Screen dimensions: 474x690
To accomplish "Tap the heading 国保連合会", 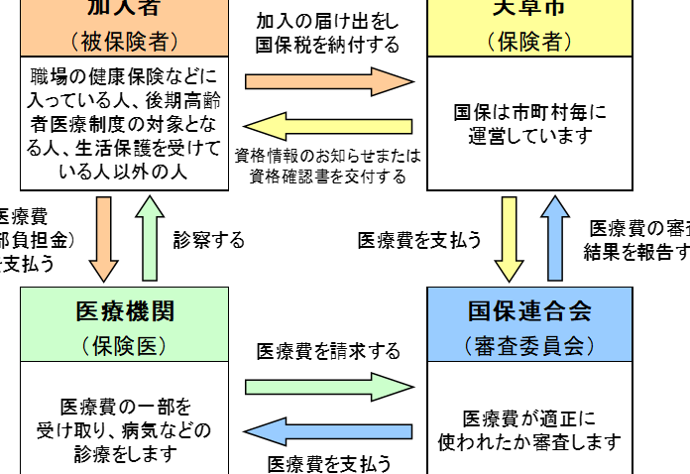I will pyautogui.click(x=529, y=310).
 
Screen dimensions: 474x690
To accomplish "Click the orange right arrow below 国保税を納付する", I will pyautogui.click(x=328, y=79).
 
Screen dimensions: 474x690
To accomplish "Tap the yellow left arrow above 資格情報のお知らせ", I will pyautogui.click(x=328, y=126).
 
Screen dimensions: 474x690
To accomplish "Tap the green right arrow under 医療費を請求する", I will pyautogui.click(x=328, y=384).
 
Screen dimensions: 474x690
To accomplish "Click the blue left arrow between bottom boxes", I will pyautogui.click(x=328, y=430).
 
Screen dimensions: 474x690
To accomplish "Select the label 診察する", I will pyautogui.click(x=208, y=240).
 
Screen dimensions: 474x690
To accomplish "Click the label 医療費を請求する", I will pyautogui.click(x=328, y=352).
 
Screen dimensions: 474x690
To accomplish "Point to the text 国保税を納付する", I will pyautogui.click(x=328, y=45).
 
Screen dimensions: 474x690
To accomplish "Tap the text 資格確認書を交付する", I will pyautogui.click(x=328, y=177).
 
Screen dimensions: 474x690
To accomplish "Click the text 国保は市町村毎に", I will pyautogui.click(x=529, y=112).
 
